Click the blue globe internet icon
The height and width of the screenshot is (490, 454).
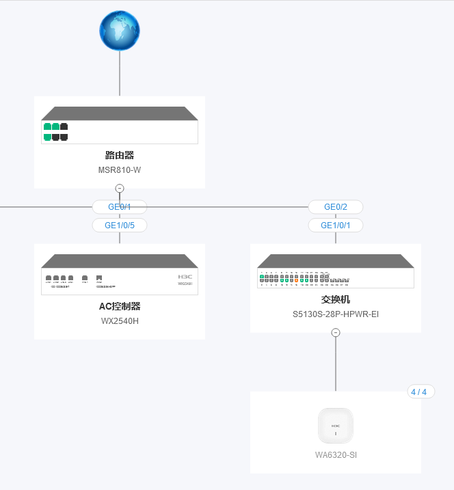point(120,31)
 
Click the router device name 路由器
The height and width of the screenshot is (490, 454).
point(120,155)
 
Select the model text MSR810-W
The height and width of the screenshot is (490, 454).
point(120,170)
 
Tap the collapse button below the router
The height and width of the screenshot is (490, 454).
point(120,188)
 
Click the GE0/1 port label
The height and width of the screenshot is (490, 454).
point(120,207)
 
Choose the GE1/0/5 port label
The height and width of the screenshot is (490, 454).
point(120,225)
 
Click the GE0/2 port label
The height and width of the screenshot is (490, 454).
point(336,207)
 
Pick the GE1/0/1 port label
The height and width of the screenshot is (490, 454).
point(336,225)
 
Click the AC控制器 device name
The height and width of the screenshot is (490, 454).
point(120,306)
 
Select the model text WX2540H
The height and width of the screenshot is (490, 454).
point(120,321)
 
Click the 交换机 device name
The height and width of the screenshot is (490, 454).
point(336,299)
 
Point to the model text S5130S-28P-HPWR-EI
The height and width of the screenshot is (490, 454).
point(336,314)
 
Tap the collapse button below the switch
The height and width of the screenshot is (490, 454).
point(336,333)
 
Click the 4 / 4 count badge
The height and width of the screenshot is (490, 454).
point(418,392)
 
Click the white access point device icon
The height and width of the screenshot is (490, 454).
point(336,426)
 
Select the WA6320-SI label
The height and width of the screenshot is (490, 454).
point(336,455)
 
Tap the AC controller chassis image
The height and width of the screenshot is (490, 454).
point(120,275)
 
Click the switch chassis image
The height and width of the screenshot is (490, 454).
point(336,272)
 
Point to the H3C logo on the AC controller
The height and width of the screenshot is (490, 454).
point(185,276)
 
